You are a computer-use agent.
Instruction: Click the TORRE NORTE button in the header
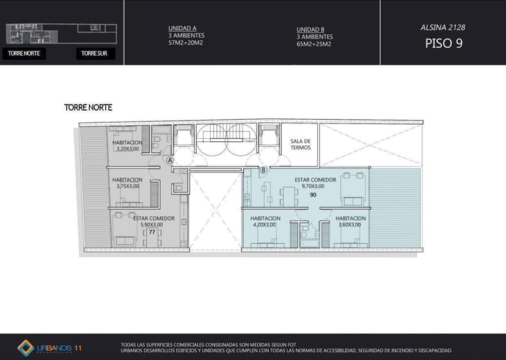(x=24, y=53)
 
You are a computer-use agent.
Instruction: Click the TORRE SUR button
(x=95, y=53)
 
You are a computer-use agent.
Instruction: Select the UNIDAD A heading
(x=182, y=28)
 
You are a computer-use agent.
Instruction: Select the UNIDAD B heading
(x=310, y=29)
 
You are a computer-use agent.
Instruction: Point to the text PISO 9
(x=444, y=43)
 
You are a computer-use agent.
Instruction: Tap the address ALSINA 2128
(x=442, y=28)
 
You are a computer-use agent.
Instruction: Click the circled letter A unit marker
(x=170, y=161)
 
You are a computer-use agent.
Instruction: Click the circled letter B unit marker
(x=263, y=170)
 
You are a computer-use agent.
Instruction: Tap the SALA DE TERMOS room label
(x=301, y=144)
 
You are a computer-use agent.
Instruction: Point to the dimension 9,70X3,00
(x=313, y=186)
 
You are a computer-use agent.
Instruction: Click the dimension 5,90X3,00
(x=152, y=225)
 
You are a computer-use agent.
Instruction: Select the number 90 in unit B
(x=313, y=195)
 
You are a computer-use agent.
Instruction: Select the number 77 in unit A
(x=152, y=232)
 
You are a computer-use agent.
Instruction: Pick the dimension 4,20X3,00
(x=264, y=225)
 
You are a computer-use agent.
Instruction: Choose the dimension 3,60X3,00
(x=350, y=225)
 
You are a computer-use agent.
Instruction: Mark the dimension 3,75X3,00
(x=128, y=186)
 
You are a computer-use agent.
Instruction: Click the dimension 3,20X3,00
(x=128, y=149)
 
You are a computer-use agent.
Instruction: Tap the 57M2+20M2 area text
(x=186, y=43)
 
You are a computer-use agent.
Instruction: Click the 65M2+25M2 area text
(x=314, y=44)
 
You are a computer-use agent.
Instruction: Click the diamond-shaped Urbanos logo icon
(x=26, y=348)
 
